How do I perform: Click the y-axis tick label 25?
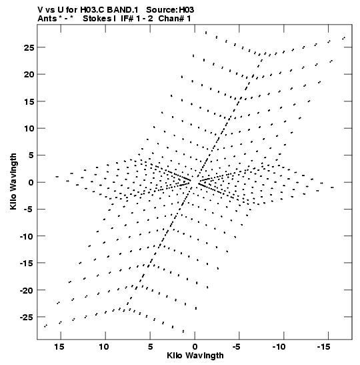(29, 47)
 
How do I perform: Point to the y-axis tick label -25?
(27, 317)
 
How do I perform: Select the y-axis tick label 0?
(31, 182)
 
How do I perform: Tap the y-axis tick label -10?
(27, 236)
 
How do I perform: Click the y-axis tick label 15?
(29, 101)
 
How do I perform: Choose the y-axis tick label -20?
(27, 290)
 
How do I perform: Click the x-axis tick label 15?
(59, 347)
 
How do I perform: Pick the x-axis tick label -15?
(323, 347)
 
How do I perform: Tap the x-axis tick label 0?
(195, 347)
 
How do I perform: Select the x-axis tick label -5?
(236, 347)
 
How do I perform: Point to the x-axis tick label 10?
(104, 347)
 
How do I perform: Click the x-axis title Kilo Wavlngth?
(195, 356)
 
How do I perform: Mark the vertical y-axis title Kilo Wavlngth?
(13, 181)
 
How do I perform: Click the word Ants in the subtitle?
(47, 19)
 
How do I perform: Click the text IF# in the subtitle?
(127, 19)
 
